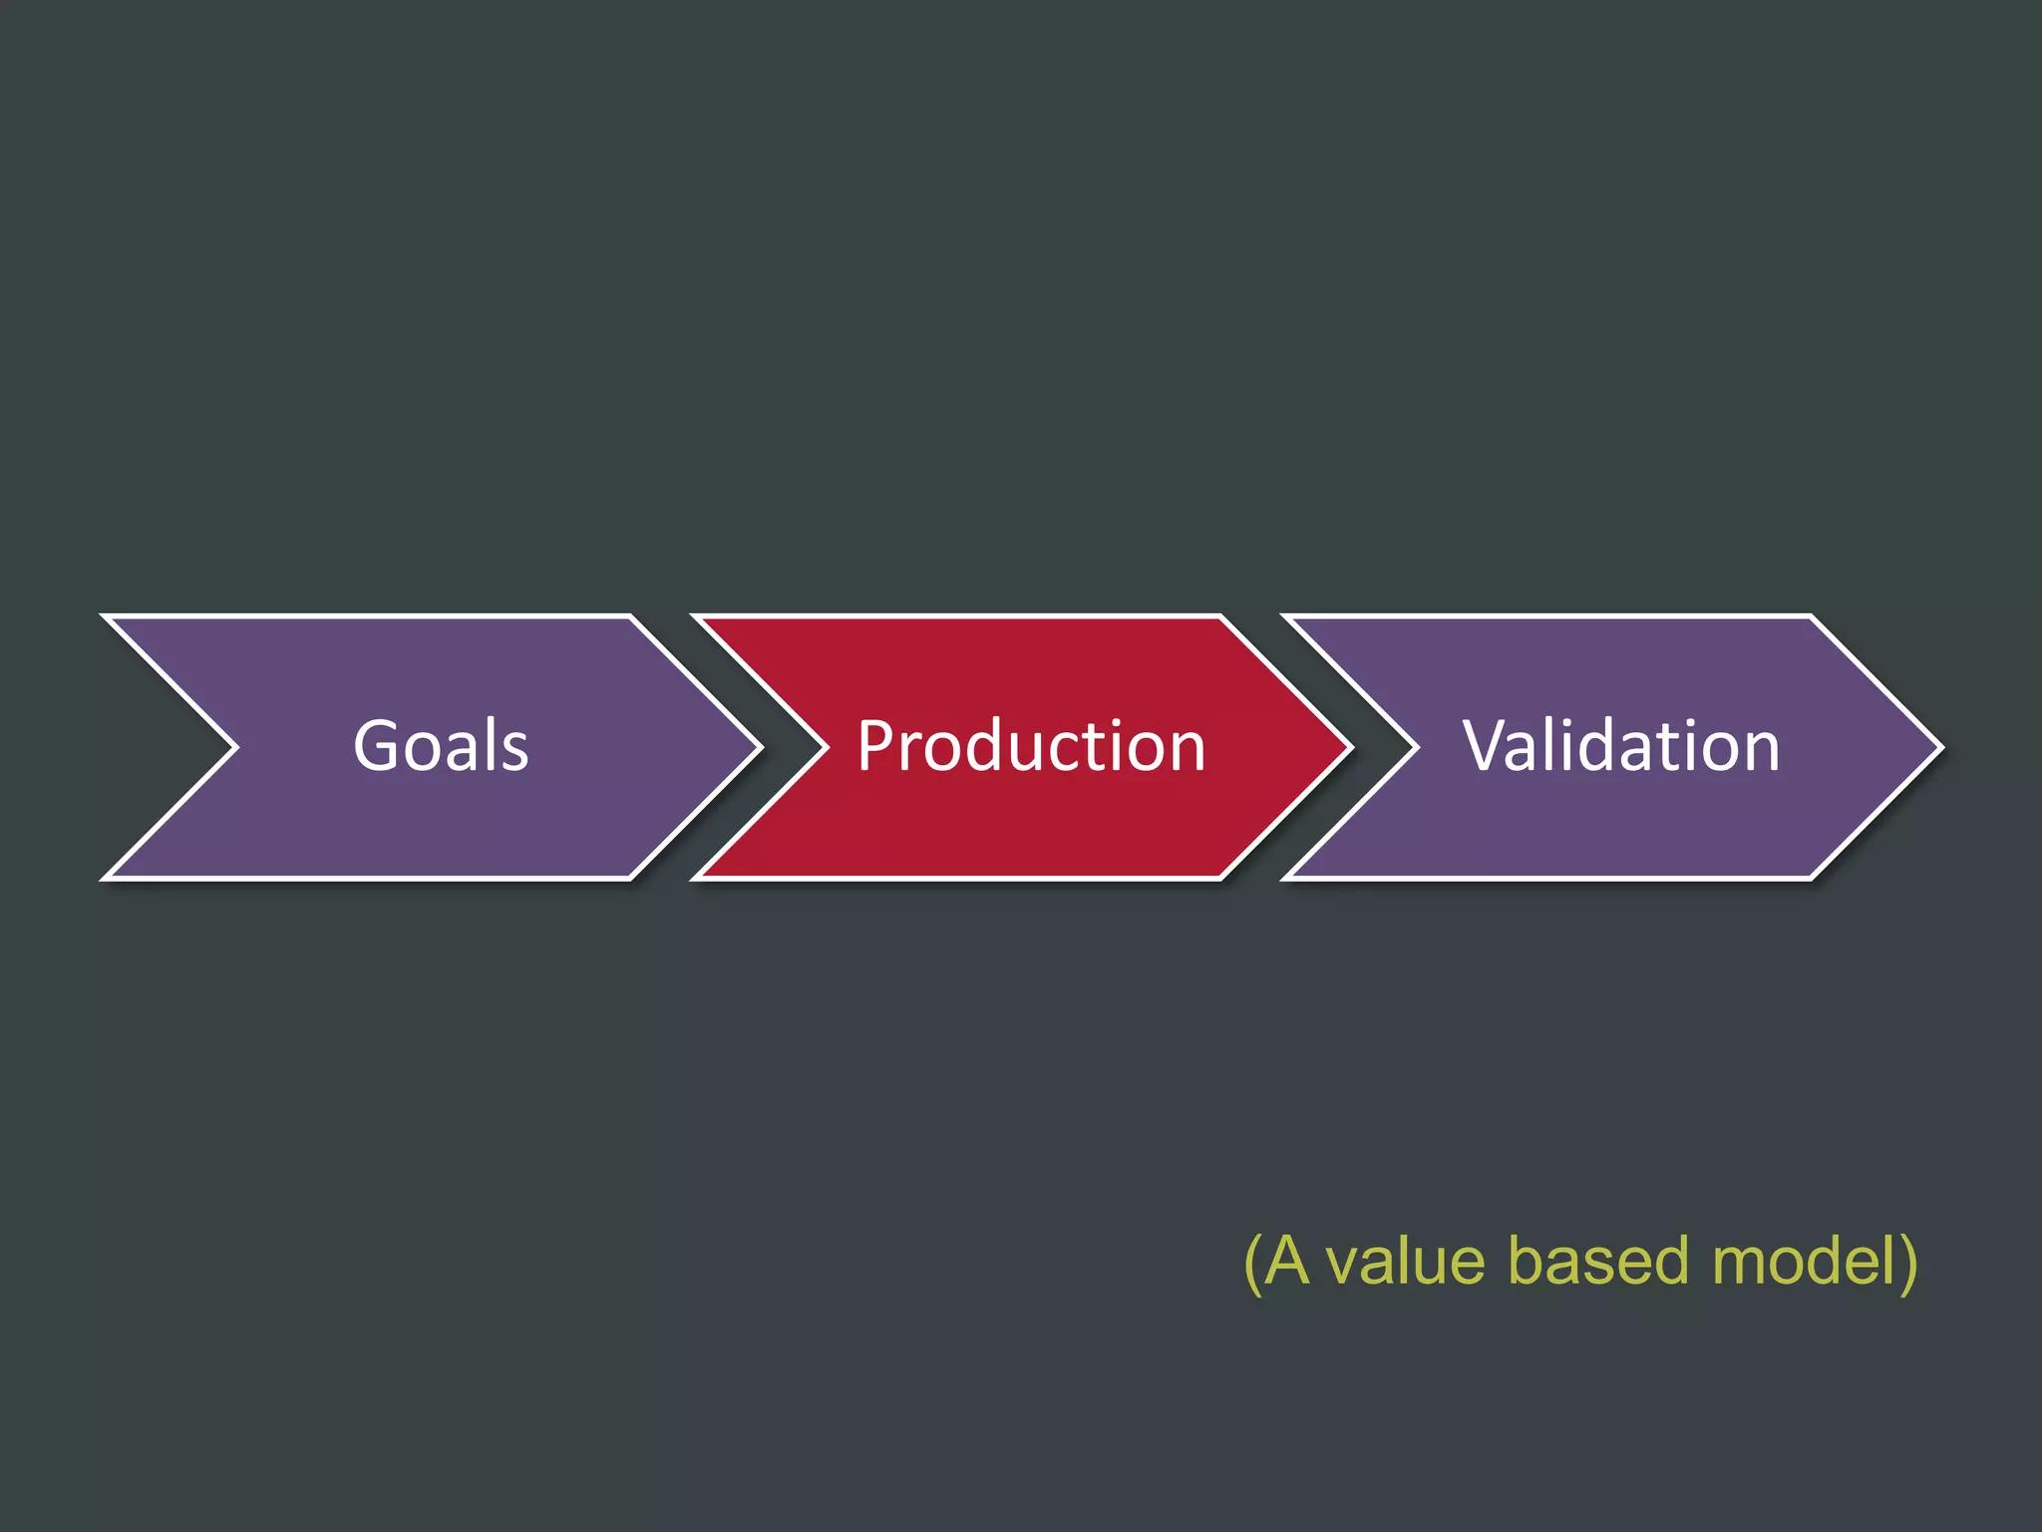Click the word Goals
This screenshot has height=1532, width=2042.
[x=441, y=746]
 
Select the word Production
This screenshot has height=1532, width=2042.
[x=1031, y=746]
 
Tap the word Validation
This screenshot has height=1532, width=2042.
[x=1621, y=746]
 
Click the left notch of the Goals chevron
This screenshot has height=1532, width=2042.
[x=235, y=747]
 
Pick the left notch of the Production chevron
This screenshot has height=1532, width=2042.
[x=826, y=747]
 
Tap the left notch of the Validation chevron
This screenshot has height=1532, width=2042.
[x=1416, y=747]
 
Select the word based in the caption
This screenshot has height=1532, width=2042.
[x=1597, y=1261]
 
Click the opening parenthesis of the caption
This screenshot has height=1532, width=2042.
[x=1252, y=1263]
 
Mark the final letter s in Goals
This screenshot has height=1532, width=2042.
[x=514, y=754]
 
